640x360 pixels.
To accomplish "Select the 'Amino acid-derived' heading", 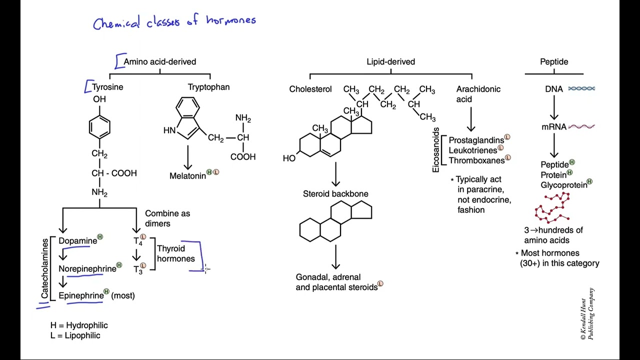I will point(159,61).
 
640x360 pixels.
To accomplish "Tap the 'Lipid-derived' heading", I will point(390,61).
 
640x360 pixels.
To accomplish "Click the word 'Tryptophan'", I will point(208,87).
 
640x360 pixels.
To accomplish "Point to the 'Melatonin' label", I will point(187,176).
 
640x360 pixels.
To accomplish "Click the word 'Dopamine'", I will point(77,241).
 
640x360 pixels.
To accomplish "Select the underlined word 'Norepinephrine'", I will point(87,269).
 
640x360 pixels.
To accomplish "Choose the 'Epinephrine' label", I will point(80,295).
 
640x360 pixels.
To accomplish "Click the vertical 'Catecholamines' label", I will point(45,268).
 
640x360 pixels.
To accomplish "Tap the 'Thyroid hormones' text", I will point(175,253).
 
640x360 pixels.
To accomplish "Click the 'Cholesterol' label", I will point(310,89).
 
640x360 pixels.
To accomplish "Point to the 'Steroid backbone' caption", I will point(335,194).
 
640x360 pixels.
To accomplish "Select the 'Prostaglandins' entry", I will point(476,140).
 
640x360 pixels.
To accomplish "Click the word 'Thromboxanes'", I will point(476,160).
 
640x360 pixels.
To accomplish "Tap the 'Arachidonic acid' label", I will point(477,94).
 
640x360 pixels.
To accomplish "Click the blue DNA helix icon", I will point(581,88).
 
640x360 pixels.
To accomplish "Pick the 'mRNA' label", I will point(553,127).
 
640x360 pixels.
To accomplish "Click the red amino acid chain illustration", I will point(552,208).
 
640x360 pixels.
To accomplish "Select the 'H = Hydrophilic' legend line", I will point(79,325).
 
